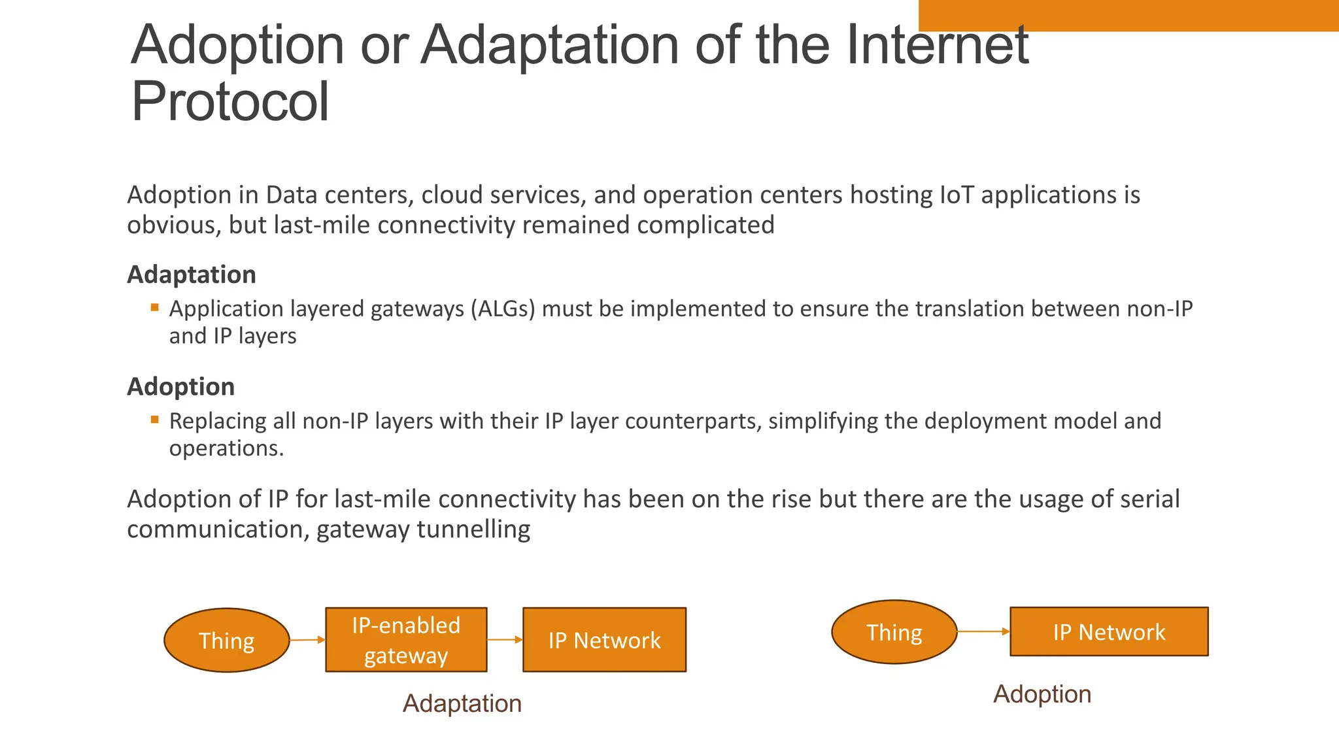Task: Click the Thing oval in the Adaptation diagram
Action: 226,641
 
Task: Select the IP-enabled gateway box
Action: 406,640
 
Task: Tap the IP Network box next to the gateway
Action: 604,640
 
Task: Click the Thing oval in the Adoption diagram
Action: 894,632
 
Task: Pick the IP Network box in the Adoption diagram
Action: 1109,632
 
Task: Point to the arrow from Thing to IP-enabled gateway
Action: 307,640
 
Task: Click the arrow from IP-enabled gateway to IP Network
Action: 505,640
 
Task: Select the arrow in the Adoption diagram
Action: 983,631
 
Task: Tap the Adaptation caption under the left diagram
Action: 462,703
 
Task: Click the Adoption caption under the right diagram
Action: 1042,694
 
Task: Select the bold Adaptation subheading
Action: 192,275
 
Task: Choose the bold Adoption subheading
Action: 181,387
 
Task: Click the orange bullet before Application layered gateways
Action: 155,307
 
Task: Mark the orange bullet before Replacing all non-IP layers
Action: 155,420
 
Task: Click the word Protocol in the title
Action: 230,102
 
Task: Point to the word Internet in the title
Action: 938,46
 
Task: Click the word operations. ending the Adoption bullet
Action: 226,448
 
